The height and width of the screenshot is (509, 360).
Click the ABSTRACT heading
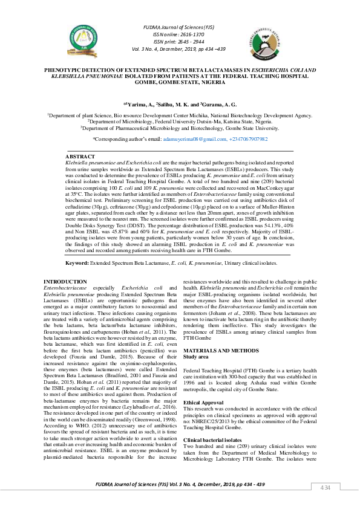click(79, 157)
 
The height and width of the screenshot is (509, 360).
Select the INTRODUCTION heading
click(67, 282)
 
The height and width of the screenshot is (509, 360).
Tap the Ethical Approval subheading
click(203, 385)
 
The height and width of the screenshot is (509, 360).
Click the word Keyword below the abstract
click(76, 264)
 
